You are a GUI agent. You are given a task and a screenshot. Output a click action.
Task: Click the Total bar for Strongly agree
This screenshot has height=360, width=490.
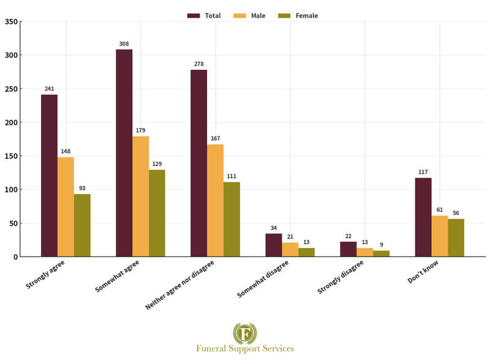pyautogui.click(x=49, y=175)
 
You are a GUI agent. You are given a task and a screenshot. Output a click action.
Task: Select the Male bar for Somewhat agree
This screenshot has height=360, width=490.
pyautogui.click(x=140, y=196)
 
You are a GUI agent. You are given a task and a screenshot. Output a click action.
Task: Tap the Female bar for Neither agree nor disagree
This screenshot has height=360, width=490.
pyautogui.click(x=232, y=219)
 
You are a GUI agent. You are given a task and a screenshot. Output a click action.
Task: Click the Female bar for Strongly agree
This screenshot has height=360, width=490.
pyautogui.click(x=82, y=225)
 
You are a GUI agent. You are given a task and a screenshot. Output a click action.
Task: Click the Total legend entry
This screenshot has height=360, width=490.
pyautogui.click(x=204, y=15)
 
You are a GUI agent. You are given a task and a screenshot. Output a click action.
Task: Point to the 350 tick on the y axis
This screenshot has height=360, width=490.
pyautogui.click(x=10, y=22)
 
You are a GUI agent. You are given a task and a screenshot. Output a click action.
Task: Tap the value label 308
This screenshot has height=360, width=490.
pyautogui.click(x=124, y=44)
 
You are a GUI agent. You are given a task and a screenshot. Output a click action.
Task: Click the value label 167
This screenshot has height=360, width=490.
pyautogui.click(x=215, y=139)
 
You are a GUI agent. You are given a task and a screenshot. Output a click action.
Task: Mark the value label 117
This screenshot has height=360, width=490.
pyautogui.click(x=423, y=173)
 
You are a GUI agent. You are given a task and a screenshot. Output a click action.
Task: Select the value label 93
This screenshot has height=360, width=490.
pyautogui.click(x=82, y=189)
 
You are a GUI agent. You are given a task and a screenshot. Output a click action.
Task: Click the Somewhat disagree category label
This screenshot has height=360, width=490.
pyautogui.click(x=262, y=279)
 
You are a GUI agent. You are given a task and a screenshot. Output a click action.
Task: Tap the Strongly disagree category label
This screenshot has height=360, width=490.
pyautogui.click(x=340, y=277)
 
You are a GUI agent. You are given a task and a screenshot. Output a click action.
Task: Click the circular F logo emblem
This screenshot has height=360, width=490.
pyautogui.click(x=245, y=334)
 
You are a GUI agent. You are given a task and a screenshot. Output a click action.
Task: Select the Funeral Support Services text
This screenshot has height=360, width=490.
pyautogui.click(x=245, y=348)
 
